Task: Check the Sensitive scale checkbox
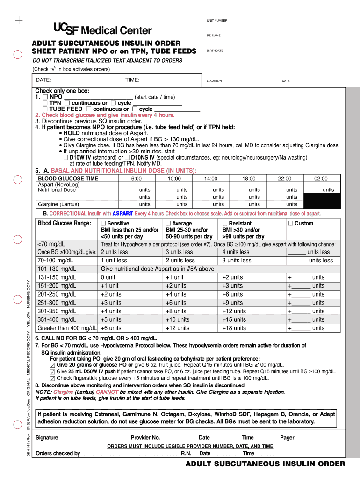tap(103, 224)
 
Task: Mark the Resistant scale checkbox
tap(225, 224)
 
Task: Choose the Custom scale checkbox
tap(291, 224)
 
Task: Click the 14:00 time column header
tap(211, 179)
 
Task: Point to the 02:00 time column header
tap(321, 179)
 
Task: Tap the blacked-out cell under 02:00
tap(321, 201)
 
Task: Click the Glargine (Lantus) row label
tap(58, 204)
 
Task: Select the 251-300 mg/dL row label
tap(56, 303)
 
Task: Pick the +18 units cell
tap(234, 328)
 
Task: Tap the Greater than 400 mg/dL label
tap(67, 328)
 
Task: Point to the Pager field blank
tap(316, 438)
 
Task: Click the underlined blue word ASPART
tap(122, 214)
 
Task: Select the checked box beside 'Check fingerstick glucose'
tap(52, 378)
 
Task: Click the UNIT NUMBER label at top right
tap(217, 21)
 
